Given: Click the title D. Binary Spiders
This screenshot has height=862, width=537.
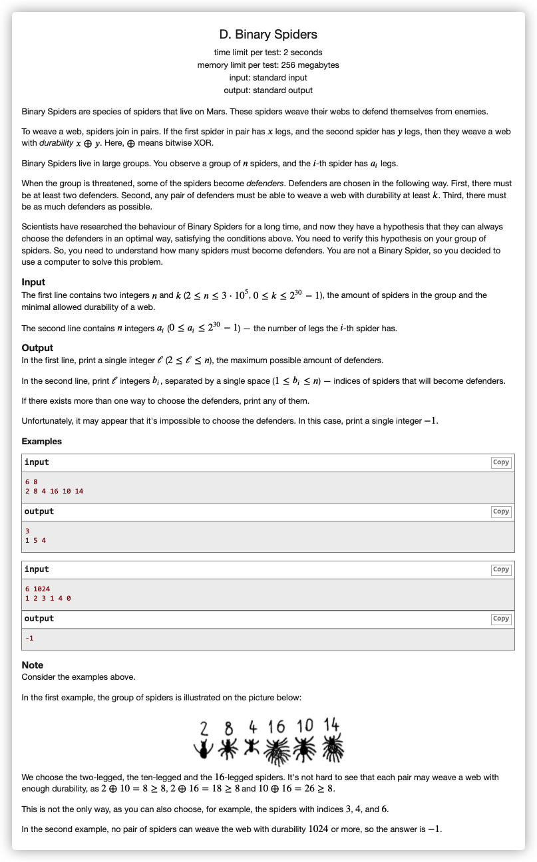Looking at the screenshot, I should pyautogui.click(x=268, y=35).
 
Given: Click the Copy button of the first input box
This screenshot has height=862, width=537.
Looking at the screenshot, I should pyautogui.click(x=500, y=462).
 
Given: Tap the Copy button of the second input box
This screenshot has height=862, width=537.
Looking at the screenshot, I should pyautogui.click(x=500, y=569).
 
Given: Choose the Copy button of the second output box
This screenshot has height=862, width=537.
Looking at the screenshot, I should pyautogui.click(x=500, y=619).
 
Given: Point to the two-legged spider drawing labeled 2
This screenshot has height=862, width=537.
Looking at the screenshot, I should pyautogui.click(x=203, y=748).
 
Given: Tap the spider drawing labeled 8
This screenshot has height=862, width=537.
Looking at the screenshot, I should pyautogui.click(x=228, y=748).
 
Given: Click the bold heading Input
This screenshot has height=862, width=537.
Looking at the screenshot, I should pyautogui.click(x=33, y=282).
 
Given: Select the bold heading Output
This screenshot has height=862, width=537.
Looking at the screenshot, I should pyautogui.click(x=37, y=348).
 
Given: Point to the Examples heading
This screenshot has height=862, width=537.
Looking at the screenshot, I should pyautogui.click(x=41, y=441).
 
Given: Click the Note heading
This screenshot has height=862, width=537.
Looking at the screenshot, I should pyautogui.click(x=33, y=665).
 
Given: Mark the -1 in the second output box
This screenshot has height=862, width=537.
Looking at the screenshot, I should pyautogui.click(x=29, y=639).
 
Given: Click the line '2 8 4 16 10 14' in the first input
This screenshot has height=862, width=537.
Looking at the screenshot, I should pyautogui.click(x=54, y=491).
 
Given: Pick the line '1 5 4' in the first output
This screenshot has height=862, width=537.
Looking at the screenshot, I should pyautogui.click(x=35, y=540).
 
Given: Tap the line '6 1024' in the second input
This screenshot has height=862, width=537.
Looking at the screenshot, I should pyautogui.click(x=37, y=589).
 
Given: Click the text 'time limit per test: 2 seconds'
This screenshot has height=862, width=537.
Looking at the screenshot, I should pyautogui.click(x=268, y=53).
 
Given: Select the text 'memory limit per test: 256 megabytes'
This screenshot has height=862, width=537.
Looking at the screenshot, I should pyautogui.click(x=268, y=65).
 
